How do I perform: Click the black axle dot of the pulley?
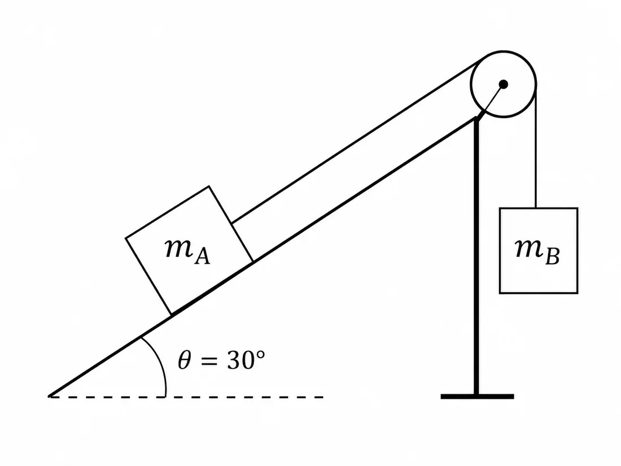click(504, 84)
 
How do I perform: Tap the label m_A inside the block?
click(187, 251)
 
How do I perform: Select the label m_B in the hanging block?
click(537, 251)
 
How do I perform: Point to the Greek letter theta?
click(185, 360)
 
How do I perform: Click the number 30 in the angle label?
click(241, 360)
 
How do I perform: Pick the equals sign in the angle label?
click(209, 361)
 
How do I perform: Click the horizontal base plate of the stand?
click(477, 397)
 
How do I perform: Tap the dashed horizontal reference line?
click(186, 397)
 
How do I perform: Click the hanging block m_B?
click(539, 250)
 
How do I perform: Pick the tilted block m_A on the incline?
click(189, 250)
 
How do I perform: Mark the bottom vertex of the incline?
click(49, 396)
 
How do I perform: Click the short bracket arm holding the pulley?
click(489, 102)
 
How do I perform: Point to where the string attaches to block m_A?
click(231, 224)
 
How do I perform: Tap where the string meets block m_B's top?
click(536, 208)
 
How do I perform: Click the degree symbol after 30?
click(261, 354)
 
